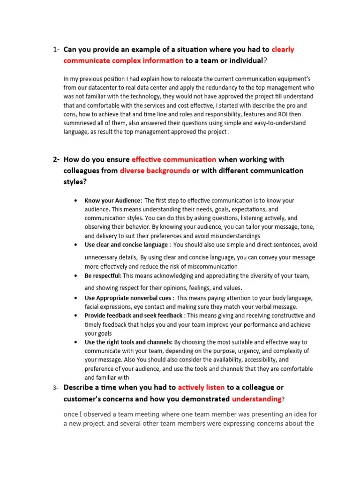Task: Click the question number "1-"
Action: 56,50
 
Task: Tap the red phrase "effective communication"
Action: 174,159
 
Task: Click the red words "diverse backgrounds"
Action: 155,171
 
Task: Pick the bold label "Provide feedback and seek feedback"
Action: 134,316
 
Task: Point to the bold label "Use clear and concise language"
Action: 126,245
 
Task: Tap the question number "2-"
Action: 56,160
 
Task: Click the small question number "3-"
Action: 55,388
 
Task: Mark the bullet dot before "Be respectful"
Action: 76,276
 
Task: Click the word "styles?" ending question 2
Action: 75,182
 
